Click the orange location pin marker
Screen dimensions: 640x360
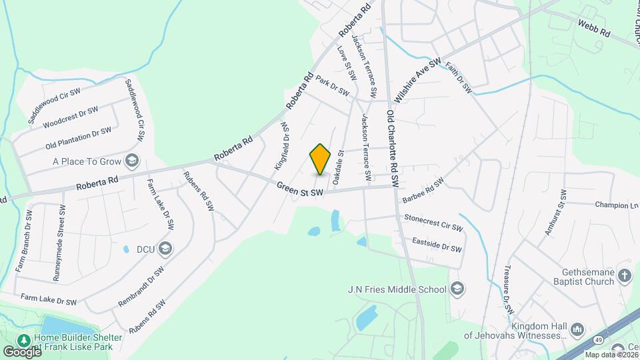(x=321, y=159)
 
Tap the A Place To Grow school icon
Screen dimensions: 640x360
(x=132, y=161)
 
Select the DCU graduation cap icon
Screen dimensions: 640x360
(x=165, y=249)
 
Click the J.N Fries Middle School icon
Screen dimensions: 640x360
(x=457, y=289)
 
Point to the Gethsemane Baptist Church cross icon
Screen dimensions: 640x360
(x=625, y=275)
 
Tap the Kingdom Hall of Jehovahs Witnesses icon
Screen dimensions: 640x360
(x=577, y=330)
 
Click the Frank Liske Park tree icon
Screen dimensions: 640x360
(x=25, y=341)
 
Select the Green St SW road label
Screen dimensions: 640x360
(x=300, y=190)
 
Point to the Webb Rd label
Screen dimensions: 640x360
(x=594, y=27)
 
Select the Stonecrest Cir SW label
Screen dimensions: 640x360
(x=433, y=223)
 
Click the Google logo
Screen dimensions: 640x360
(x=21, y=351)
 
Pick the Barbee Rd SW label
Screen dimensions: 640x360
(x=423, y=191)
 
